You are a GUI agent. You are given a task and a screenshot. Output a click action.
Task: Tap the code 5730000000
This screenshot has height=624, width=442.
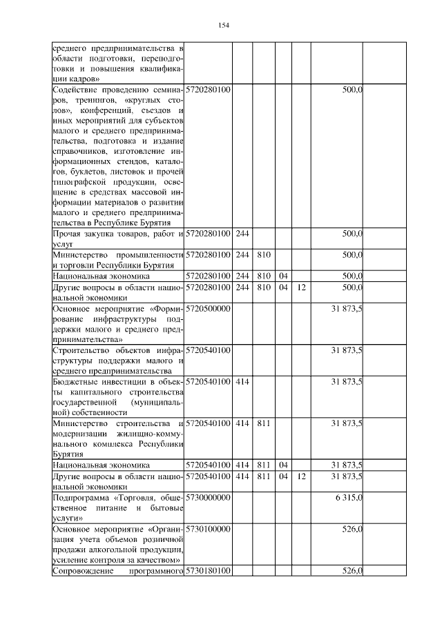[x=209, y=497]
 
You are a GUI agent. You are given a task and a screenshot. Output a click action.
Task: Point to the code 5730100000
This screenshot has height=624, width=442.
[x=209, y=529]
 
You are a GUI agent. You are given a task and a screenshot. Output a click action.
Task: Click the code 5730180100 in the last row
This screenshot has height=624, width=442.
[x=209, y=571]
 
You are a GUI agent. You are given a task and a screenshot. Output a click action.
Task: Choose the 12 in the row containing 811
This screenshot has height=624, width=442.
[x=301, y=476]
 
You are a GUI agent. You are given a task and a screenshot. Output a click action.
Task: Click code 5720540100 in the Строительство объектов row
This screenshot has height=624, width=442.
[x=209, y=351]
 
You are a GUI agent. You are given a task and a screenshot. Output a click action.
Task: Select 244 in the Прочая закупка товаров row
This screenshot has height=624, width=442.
[x=242, y=235]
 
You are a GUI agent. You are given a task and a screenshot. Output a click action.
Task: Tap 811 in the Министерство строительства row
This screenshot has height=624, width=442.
[x=262, y=424]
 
